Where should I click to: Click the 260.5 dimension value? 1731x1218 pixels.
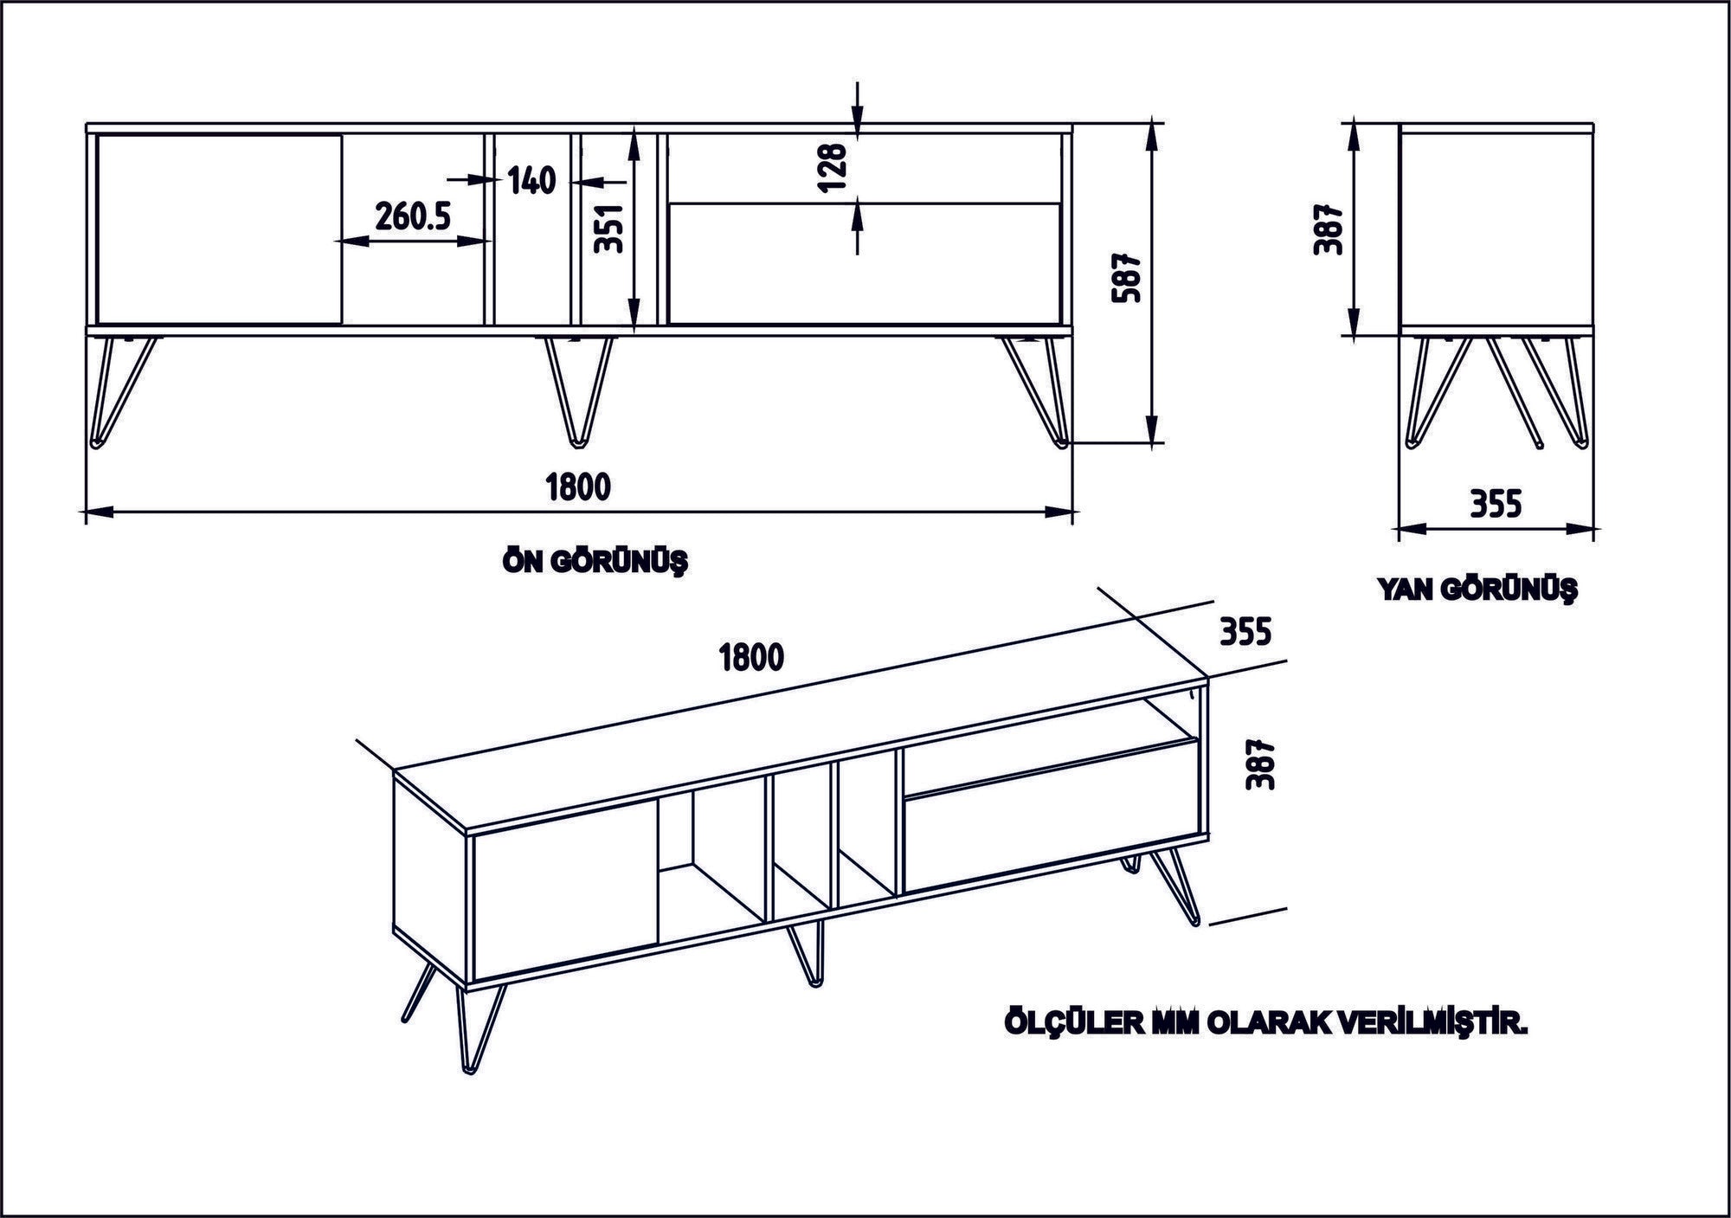click(x=413, y=216)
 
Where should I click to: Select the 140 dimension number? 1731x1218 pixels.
click(x=531, y=181)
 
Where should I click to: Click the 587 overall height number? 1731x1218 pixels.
click(x=1129, y=278)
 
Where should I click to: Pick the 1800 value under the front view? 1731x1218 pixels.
click(x=578, y=487)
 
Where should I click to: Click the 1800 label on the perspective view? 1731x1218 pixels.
click(x=751, y=658)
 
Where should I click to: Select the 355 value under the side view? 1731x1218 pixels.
click(x=1496, y=503)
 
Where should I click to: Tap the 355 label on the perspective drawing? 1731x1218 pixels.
click(x=1245, y=632)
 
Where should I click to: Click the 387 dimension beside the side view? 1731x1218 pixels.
click(x=1328, y=229)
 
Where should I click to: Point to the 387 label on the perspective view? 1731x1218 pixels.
click(x=1259, y=764)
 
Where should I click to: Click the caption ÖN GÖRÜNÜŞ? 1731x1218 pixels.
click(x=595, y=563)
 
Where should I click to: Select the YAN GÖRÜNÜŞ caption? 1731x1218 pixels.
click(x=1477, y=590)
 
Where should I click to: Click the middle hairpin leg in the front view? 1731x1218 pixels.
click(x=578, y=390)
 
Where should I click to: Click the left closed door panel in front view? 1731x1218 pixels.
click(x=218, y=229)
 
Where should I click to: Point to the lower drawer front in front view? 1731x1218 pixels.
click(x=864, y=263)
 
